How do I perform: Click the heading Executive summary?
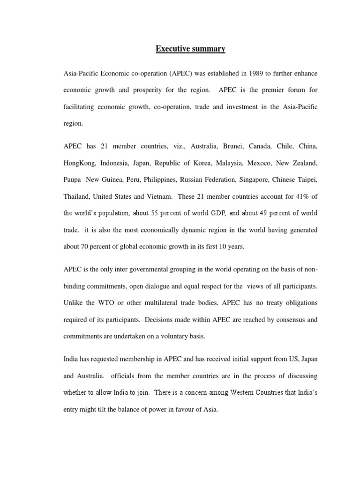[191, 49]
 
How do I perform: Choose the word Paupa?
[73, 180]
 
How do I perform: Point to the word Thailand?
[77, 196]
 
